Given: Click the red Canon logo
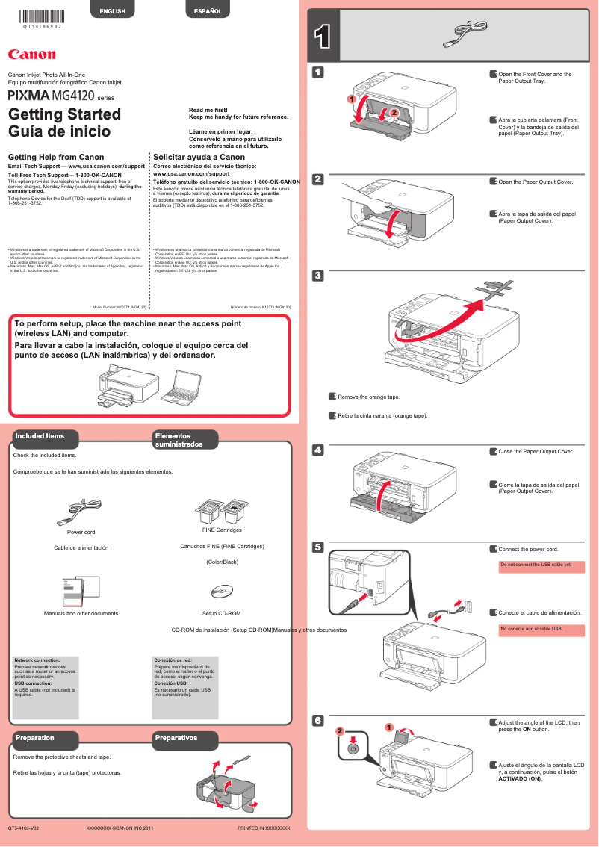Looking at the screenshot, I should (x=31, y=54).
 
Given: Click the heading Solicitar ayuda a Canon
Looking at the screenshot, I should (x=199, y=158).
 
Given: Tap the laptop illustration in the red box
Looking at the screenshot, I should (x=182, y=385).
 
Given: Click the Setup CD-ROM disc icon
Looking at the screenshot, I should (x=222, y=592).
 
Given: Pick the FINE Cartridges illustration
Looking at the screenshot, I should (x=222, y=512).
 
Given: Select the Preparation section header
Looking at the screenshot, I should (x=35, y=738).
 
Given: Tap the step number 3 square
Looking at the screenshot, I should (x=317, y=276).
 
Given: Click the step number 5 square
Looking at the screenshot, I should (x=317, y=547).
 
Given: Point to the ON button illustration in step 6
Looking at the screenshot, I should (x=354, y=746).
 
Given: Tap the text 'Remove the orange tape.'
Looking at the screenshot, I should (x=368, y=397).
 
